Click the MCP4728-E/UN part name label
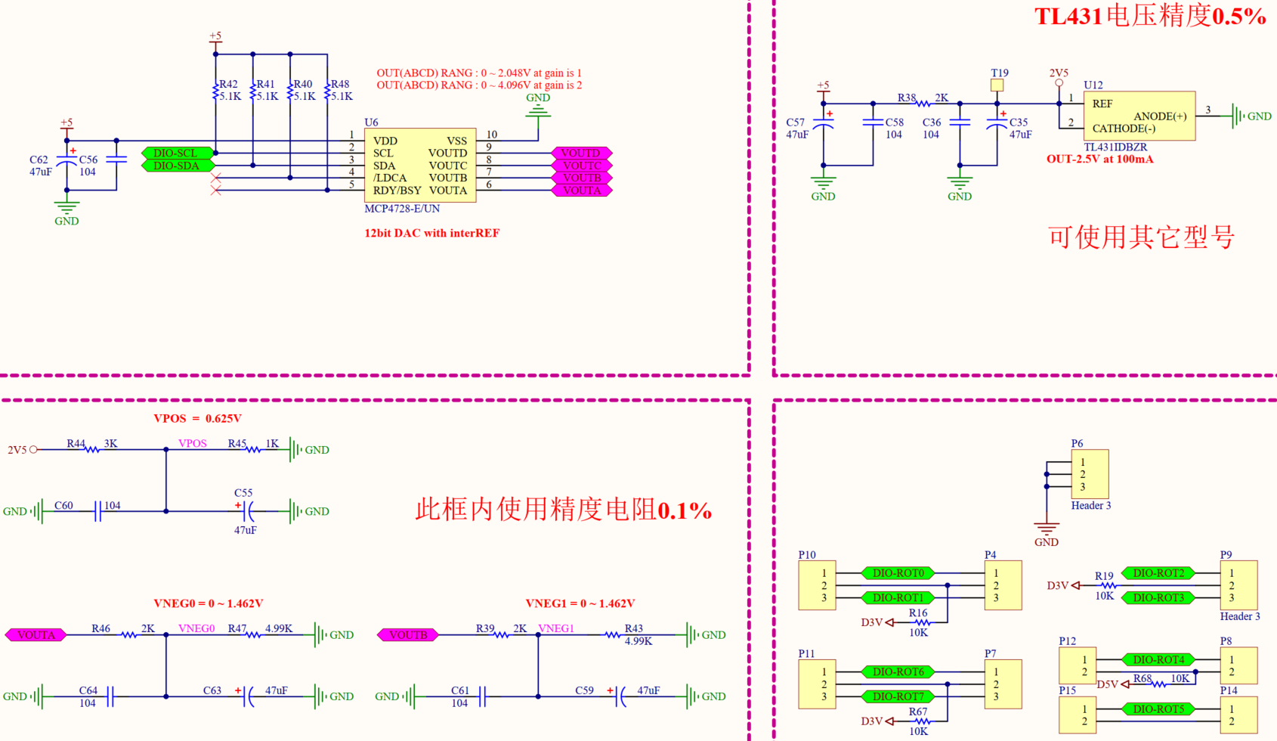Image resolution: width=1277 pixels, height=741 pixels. click(x=402, y=209)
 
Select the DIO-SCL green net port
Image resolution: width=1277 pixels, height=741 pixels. click(x=176, y=153)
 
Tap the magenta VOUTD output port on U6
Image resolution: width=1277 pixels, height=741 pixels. click(x=580, y=153)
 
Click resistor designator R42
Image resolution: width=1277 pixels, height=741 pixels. click(x=228, y=85)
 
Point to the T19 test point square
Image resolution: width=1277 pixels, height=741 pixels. click(x=997, y=86)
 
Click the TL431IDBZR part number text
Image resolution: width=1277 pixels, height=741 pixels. click(x=1115, y=147)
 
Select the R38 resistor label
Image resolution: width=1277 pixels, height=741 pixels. click(x=907, y=98)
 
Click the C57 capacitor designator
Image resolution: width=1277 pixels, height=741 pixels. click(x=795, y=122)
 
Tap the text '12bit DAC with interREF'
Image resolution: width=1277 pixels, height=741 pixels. click(x=431, y=233)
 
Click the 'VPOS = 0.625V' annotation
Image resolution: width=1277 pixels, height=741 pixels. click(x=197, y=418)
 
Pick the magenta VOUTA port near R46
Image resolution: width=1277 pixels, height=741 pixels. click(x=36, y=635)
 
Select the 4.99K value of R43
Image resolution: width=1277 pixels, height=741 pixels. click(x=638, y=641)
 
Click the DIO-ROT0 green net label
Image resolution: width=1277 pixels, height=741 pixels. click(x=898, y=573)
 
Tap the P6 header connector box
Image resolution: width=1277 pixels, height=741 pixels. click(x=1090, y=474)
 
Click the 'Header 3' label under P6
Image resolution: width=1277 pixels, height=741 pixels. click(x=1090, y=506)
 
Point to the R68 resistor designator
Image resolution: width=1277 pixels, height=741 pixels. click(x=1142, y=678)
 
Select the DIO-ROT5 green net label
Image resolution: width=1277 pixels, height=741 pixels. click(x=1158, y=709)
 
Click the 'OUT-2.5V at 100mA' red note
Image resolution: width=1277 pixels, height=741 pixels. click(x=1099, y=160)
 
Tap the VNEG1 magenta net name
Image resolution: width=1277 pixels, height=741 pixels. click(x=556, y=628)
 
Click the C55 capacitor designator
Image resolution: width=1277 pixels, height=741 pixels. click(x=243, y=493)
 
